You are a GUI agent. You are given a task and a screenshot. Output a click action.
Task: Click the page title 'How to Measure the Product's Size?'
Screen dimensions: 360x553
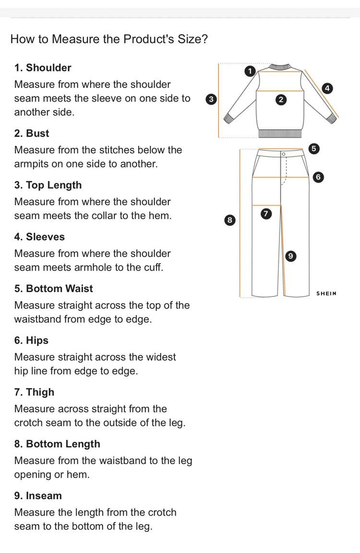[x=109, y=39]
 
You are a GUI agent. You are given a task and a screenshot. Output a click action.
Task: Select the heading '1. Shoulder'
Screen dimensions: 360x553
[x=43, y=68]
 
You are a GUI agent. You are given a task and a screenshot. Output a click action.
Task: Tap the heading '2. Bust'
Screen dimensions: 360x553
[x=32, y=133]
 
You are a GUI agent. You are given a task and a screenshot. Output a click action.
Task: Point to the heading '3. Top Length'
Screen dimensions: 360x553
[x=48, y=185]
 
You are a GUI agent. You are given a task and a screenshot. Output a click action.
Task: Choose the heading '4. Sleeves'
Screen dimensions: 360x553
[x=39, y=237]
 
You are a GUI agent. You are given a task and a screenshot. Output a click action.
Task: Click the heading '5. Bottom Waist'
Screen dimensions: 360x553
[x=54, y=289]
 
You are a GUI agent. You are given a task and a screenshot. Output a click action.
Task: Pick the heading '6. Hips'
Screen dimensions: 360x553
[x=32, y=341]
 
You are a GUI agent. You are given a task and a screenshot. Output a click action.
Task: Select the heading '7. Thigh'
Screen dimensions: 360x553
[x=35, y=392]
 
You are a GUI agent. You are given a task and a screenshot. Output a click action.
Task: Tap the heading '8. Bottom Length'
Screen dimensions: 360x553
[x=57, y=444]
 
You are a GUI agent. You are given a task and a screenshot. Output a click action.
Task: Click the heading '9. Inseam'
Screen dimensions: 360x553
[x=38, y=496]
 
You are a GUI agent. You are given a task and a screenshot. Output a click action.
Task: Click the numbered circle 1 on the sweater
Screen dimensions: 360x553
[x=249, y=71]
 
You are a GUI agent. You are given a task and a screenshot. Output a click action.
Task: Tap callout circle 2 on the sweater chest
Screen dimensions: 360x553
[x=281, y=100]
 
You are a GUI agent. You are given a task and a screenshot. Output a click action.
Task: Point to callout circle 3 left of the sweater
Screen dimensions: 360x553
[x=210, y=99]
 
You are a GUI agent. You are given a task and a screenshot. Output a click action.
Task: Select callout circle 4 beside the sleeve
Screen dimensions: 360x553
[x=327, y=88]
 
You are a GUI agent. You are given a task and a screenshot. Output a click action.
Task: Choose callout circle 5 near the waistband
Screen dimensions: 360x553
[x=313, y=149]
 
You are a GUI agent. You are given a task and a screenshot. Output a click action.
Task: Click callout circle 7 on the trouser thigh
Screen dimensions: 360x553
[x=266, y=214]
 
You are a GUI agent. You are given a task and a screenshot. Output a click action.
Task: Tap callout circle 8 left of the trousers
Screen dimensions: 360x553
[x=230, y=220]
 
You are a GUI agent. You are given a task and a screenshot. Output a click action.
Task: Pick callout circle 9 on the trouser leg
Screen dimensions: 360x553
[x=290, y=256]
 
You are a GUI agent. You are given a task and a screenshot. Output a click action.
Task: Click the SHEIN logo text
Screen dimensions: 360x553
[x=326, y=293]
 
